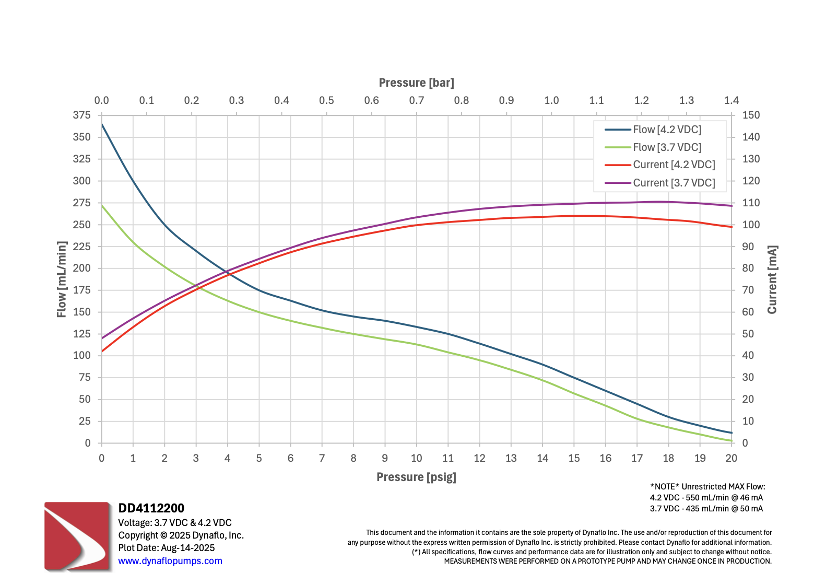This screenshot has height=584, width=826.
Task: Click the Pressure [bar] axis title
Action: click(x=416, y=83)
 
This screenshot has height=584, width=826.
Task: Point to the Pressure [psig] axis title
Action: click(x=416, y=477)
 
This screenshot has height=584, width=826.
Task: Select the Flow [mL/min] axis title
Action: click(x=62, y=279)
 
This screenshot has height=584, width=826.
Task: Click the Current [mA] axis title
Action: click(x=772, y=279)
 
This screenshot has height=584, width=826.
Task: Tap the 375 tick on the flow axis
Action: click(x=82, y=115)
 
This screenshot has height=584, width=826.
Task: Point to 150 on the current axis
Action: click(x=751, y=115)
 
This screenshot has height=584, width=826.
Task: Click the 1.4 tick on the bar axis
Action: click(x=731, y=100)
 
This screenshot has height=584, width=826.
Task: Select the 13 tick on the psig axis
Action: click(x=511, y=458)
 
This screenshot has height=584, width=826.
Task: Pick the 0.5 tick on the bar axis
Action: click(x=326, y=100)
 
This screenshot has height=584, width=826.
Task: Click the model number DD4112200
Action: click(x=151, y=508)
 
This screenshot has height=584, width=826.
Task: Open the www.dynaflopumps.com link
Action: click(x=170, y=561)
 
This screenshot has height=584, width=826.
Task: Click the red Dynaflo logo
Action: click(x=77, y=536)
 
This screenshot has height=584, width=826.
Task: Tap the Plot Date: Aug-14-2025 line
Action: click(x=167, y=548)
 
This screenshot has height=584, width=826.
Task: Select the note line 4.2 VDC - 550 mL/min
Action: click(x=706, y=498)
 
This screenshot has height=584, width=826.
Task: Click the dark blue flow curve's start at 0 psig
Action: click(x=102, y=124)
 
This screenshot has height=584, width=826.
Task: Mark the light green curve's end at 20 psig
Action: click(x=731, y=441)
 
